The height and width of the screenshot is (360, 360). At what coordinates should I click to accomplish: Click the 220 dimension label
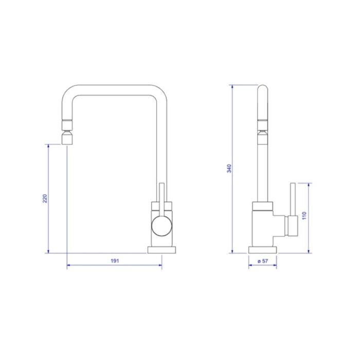click(x=45, y=199)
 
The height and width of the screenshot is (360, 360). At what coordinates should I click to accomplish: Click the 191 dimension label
click(x=115, y=261)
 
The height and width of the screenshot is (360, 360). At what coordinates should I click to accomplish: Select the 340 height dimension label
click(x=229, y=169)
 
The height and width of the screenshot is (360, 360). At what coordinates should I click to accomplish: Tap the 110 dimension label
click(x=304, y=215)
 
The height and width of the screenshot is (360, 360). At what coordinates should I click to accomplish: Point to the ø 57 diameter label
click(x=263, y=261)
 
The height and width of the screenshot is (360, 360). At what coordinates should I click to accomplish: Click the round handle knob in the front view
click(x=161, y=226)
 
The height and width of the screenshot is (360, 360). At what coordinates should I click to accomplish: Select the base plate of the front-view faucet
click(x=161, y=250)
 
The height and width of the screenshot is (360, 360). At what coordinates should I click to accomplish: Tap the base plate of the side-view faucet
click(x=263, y=250)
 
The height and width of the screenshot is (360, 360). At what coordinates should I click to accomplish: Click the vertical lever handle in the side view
click(x=293, y=200)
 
